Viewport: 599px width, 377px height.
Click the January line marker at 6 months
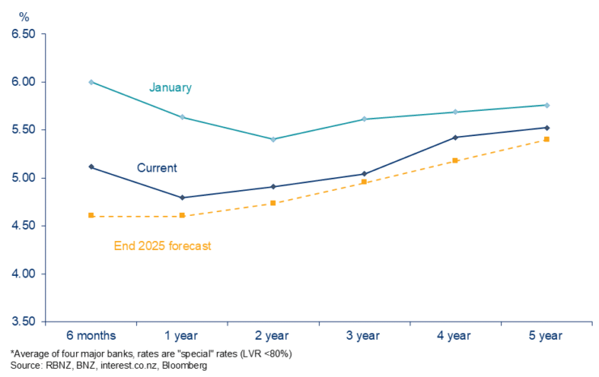(91, 82)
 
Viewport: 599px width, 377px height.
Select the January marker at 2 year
(274, 139)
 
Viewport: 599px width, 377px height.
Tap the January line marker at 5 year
(547, 105)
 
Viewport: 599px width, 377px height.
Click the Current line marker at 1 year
(182, 197)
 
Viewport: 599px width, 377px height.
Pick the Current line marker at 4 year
(456, 138)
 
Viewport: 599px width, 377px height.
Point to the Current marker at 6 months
(91, 167)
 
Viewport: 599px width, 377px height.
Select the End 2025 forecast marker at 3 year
(364, 182)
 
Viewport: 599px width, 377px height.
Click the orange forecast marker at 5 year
(547, 139)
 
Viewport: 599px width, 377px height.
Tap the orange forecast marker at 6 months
(91, 215)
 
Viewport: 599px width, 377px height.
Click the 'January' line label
(170, 87)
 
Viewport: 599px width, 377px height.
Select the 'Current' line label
(156, 168)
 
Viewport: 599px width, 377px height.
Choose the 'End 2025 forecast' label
(162, 245)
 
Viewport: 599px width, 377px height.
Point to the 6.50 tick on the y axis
(23, 35)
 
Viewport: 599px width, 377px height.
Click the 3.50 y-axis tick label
(23, 322)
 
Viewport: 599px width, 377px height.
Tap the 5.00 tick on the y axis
(23, 178)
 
